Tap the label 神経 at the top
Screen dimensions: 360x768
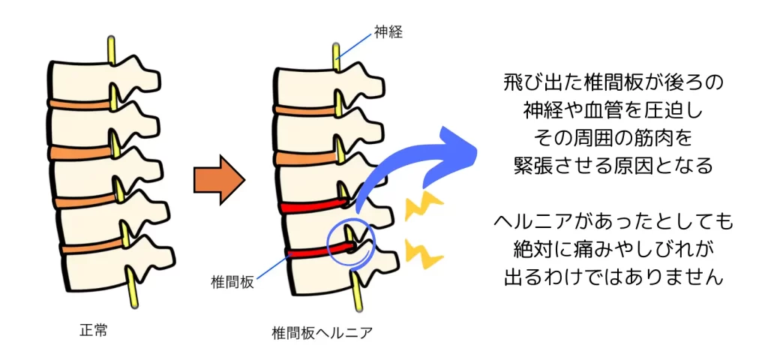(x=388, y=31)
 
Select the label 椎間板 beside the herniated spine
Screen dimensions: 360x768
(x=232, y=283)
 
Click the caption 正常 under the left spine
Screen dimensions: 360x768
(x=93, y=329)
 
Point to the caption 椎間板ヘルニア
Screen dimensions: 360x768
(x=322, y=331)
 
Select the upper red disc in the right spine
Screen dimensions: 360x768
(x=307, y=205)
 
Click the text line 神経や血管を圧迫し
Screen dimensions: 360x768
(x=613, y=111)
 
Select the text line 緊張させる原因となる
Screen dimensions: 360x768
(x=613, y=166)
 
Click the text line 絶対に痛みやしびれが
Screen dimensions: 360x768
(x=613, y=249)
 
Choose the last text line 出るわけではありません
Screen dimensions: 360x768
(x=613, y=277)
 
